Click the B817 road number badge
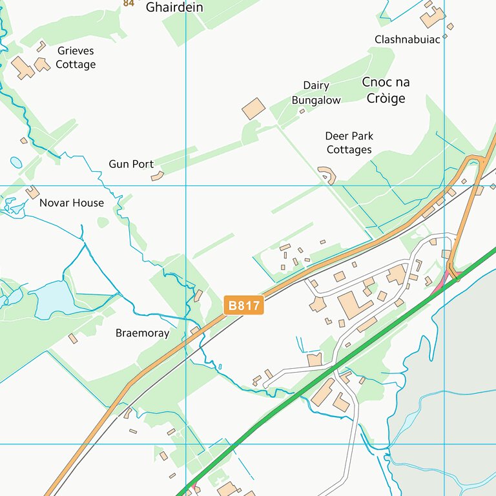(244, 305)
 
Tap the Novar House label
(71, 203)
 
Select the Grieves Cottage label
(76, 57)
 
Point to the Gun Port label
(131, 164)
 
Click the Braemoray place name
(142, 333)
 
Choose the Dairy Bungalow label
(316, 93)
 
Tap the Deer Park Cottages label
(349, 143)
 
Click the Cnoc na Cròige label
(386, 90)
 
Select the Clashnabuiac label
(407, 39)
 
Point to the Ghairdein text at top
(174, 8)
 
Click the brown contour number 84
(129, 3)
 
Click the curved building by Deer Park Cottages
(328, 174)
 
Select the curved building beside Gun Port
(158, 176)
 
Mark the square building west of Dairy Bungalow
(254, 108)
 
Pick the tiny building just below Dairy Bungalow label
(302, 111)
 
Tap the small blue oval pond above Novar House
(16, 162)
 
